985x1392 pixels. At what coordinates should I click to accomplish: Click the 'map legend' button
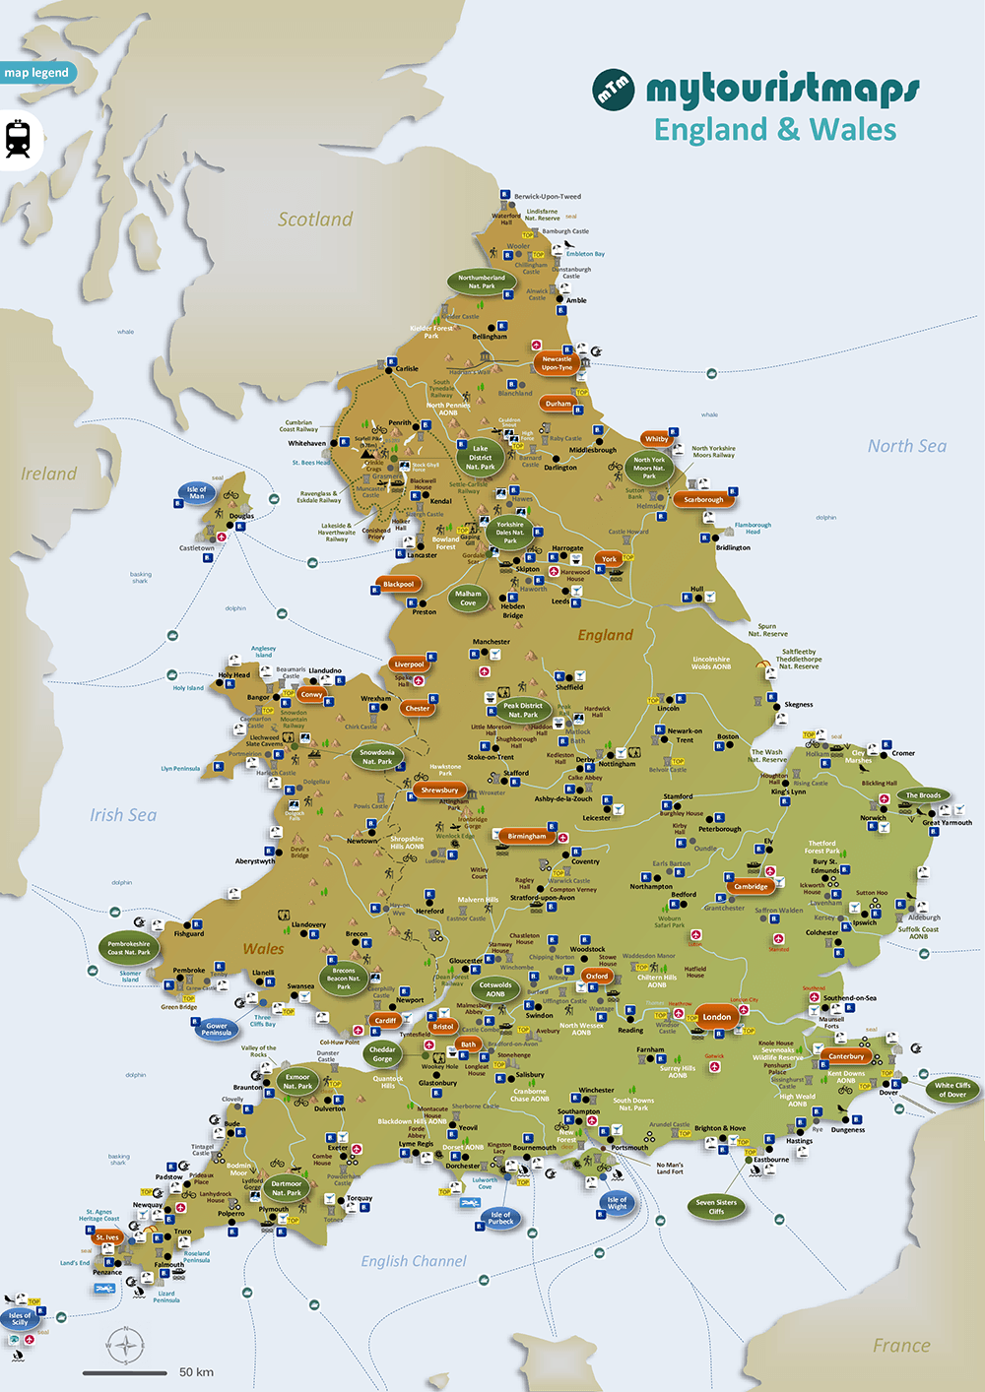coord(36,73)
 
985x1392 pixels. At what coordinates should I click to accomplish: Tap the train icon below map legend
coord(18,139)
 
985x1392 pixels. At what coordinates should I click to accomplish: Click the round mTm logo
coord(613,90)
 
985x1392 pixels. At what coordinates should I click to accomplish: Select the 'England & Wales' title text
coord(775,130)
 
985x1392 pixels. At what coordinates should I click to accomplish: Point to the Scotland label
coord(314,220)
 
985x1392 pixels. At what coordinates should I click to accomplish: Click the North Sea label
coord(906,446)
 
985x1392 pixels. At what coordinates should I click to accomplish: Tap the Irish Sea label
coord(123,815)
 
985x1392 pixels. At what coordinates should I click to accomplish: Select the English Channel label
coord(414,1261)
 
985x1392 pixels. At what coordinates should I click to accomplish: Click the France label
coord(900,1346)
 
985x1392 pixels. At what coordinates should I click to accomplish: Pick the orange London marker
coord(716,1017)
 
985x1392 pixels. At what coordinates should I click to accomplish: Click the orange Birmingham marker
coord(526,836)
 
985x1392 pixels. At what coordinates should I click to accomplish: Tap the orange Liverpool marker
coord(409,664)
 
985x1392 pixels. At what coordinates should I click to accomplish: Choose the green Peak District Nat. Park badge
coord(522,710)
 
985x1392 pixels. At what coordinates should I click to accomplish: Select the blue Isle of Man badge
coord(197,492)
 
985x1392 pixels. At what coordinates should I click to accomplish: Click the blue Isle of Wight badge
coord(617,1202)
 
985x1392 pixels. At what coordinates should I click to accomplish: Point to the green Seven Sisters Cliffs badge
coord(716,1207)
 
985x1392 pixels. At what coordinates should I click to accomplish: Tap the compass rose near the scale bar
coord(125,1346)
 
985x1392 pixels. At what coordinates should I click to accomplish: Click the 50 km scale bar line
coord(124,1372)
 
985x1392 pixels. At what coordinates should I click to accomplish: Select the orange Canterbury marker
coord(846,1056)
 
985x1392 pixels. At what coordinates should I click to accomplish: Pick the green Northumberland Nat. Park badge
coord(482,282)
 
